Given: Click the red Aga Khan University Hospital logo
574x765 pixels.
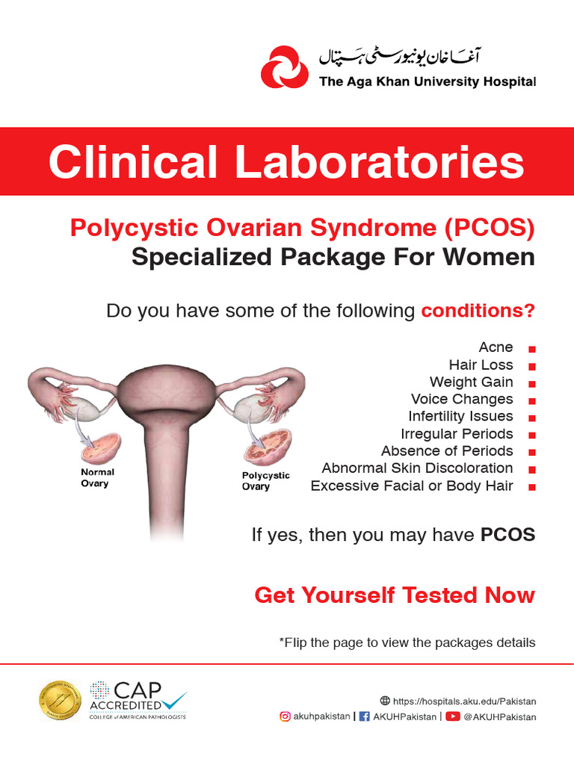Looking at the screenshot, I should pos(284,66).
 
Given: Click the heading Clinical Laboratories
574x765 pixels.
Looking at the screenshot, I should pos(286,162).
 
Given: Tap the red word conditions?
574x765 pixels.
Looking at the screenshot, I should pos(478,311).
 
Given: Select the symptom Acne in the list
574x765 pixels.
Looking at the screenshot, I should pos(496,347).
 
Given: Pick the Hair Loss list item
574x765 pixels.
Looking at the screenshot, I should pos(481,365).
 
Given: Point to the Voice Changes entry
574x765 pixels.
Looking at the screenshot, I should pos(462,399).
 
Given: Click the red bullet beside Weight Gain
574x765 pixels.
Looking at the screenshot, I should pos(531,383).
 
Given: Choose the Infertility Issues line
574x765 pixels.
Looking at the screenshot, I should pos(460,416).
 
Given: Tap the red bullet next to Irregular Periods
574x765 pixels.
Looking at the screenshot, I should pos(531,435).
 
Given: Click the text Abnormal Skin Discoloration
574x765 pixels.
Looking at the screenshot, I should pos(417,468).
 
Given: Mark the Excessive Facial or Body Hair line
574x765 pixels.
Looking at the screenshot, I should pos(412,486).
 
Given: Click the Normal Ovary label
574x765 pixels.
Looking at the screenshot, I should pos(97,477).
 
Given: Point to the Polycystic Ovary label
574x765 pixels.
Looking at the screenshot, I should pos(265,480).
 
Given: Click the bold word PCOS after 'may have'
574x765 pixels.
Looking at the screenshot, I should pos(507,535).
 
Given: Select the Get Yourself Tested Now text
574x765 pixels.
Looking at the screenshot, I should pos(395,595).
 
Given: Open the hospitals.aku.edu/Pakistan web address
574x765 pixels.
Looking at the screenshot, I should pos(464,701).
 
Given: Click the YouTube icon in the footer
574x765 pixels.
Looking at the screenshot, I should pos(453,716).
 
